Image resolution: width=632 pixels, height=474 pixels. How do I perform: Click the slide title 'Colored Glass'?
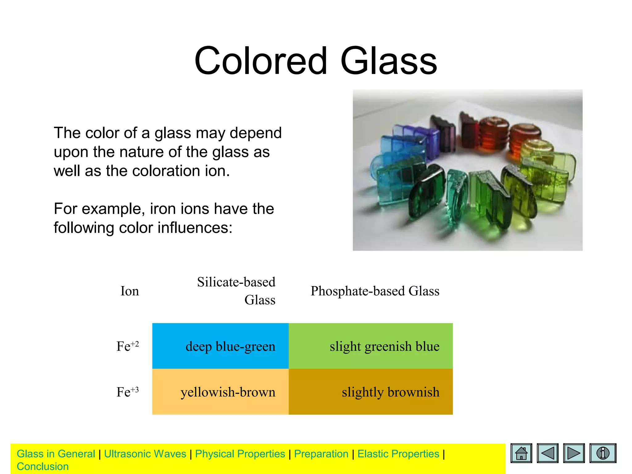[x=315, y=61]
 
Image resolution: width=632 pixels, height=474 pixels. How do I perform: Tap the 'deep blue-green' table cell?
[x=220, y=346]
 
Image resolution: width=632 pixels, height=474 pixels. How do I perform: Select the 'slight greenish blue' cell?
[x=371, y=346]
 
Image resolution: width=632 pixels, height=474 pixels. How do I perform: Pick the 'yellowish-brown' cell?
[x=220, y=392]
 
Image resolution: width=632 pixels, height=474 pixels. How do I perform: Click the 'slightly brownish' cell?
[x=371, y=392]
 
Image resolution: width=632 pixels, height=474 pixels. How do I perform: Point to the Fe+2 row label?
[x=127, y=346]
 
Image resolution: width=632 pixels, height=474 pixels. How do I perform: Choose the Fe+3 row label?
[x=127, y=392]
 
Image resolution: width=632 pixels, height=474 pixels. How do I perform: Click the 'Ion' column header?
[x=130, y=291]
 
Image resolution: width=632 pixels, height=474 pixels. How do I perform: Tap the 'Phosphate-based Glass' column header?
[x=375, y=291]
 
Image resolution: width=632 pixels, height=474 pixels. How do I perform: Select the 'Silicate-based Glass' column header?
[x=236, y=291]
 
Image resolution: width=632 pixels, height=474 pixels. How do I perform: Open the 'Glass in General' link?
[x=56, y=454]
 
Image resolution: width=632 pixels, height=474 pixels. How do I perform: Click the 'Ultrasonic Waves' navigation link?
[x=145, y=454]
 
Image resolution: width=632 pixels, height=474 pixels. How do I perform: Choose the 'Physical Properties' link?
[x=240, y=454]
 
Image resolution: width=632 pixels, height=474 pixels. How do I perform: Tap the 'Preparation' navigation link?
[x=321, y=454]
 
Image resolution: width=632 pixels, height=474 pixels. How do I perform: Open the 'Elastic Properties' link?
[x=398, y=454]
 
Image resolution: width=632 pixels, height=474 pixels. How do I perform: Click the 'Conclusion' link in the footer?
[x=43, y=467]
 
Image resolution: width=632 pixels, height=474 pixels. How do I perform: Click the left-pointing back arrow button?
[x=547, y=453]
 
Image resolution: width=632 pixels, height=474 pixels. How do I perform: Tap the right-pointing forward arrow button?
[x=574, y=453]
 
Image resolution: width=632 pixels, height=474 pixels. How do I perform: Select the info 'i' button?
[x=603, y=453]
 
